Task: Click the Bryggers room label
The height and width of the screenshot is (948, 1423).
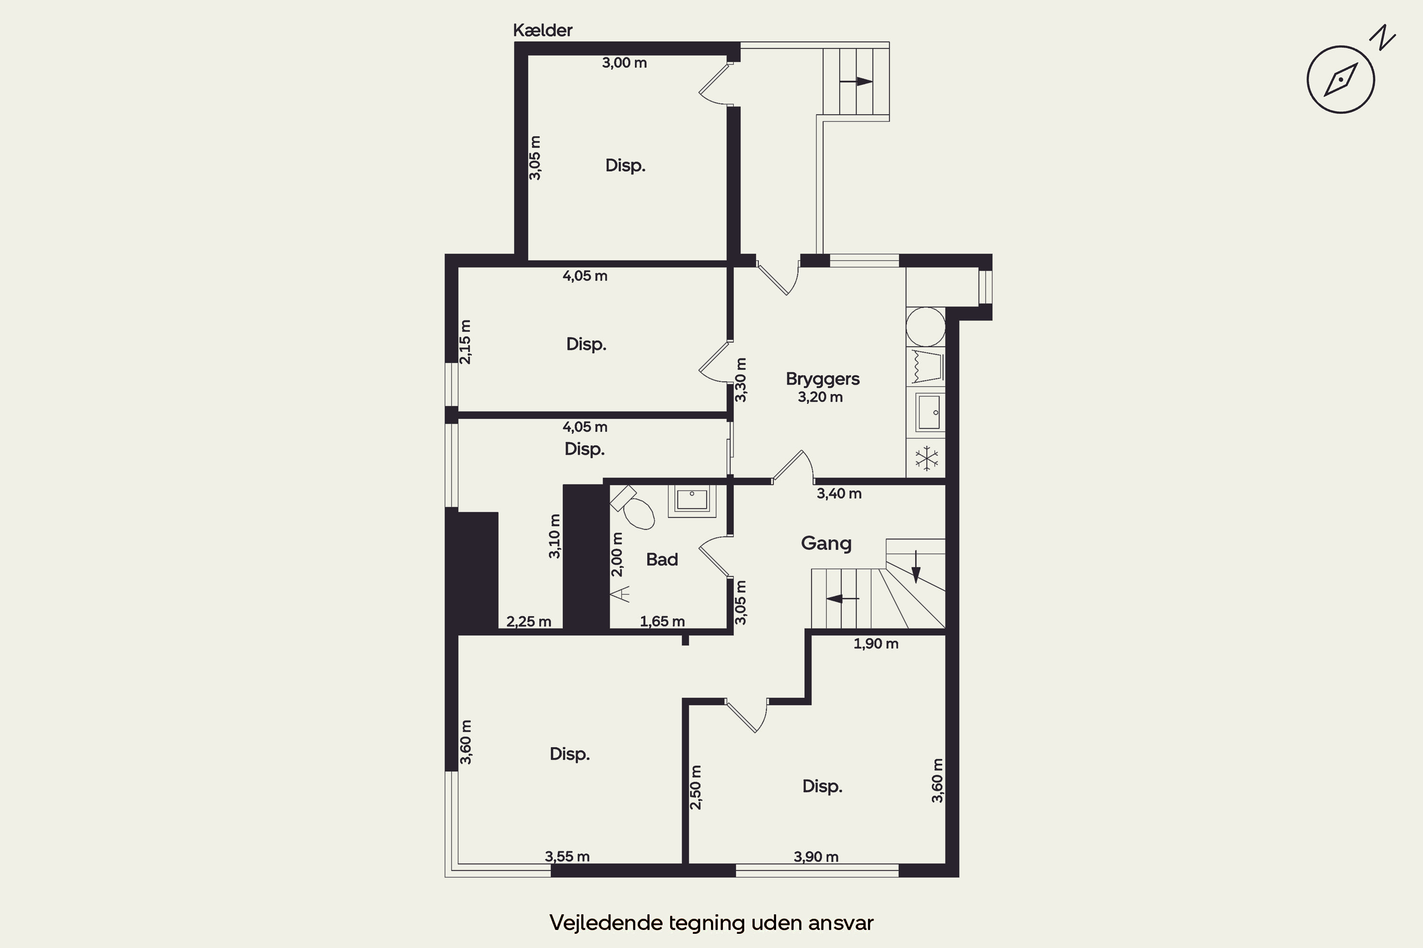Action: pyautogui.click(x=822, y=380)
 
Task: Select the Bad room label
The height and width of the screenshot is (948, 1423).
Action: pyautogui.click(x=662, y=559)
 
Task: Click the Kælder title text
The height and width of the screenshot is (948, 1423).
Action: pyautogui.click(x=542, y=30)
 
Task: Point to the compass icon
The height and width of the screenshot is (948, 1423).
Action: pyautogui.click(x=1341, y=79)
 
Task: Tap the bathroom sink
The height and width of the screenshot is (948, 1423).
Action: pyautogui.click(x=692, y=501)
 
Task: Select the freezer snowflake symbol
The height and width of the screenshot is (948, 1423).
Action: pyautogui.click(x=926, y=458)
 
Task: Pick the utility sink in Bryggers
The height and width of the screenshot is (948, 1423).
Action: pyautogui.click(x=929, y=412)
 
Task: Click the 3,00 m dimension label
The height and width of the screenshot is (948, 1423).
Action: pyautogui.click(x=624, y=63)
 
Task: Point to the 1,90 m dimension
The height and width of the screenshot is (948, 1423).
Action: pyautogui.click(x=876, y=644)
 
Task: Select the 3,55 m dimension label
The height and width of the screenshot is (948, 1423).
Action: pyautogui.click(x=567, y=857)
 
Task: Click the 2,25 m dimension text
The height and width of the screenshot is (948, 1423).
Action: pyautogui.click(x=528, y=621)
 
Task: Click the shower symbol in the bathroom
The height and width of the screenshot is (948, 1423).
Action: pyautogui.click(x=621, y=594)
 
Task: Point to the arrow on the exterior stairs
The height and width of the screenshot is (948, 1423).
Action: pyautogui.click(x=856, y=81)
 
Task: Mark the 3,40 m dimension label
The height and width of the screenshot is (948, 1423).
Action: pyautogui.click(x=839, y=494)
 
